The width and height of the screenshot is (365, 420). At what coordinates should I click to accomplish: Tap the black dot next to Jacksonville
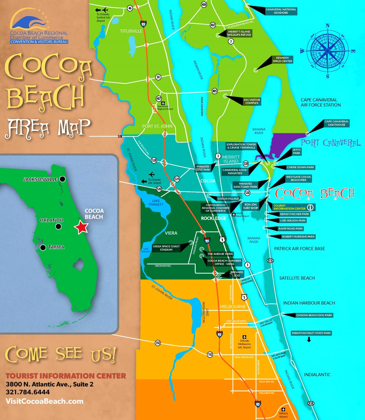[x=62, y=179]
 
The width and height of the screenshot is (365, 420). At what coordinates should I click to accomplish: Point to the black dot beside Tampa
[x=43, y=247]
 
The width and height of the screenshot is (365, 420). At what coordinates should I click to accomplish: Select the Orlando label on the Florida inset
[x=52, y=220]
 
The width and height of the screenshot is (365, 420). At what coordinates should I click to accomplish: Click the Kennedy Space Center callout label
[x=282, y=59]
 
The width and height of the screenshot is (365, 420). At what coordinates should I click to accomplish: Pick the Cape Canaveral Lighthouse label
[x=337, y=123]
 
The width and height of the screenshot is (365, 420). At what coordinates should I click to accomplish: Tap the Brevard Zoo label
[x=237, y=274]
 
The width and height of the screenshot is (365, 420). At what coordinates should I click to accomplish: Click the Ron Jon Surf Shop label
[x=250, y=206]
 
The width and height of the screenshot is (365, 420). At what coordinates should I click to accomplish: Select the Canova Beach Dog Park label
[x=314, y=315]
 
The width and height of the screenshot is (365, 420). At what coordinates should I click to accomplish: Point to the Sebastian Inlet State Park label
[x=311, y=333]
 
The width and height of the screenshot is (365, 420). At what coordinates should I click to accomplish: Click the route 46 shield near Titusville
[x=130, y=8]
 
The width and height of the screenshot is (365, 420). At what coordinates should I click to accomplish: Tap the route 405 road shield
[x=215, y=91]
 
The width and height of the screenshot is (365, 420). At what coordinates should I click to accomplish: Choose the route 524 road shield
[x=177, y=179]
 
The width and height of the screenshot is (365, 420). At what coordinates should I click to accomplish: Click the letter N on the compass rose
[x=328, y=26]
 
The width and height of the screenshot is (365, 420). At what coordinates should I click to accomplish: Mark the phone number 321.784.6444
[x=28, y=392]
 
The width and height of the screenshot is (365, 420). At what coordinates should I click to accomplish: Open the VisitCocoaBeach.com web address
[x=44, y=401]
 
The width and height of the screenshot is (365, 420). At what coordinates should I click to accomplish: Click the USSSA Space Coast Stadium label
[x=166, y=248]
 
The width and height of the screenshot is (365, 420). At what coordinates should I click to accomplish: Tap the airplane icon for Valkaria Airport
[x=283, y=409]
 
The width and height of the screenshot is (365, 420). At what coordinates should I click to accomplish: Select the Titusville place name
[x=131, y=31]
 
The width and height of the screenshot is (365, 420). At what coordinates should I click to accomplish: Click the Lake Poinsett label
[x=156, y=203]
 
